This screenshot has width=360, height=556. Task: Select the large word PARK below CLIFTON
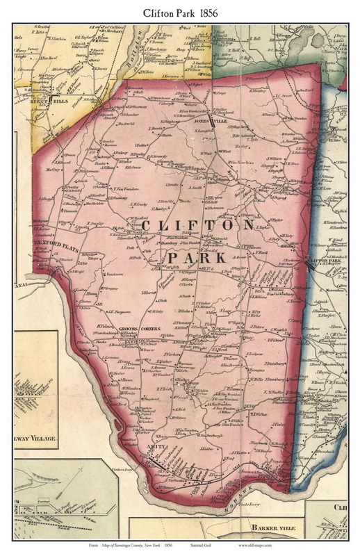(x=197, y=258)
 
